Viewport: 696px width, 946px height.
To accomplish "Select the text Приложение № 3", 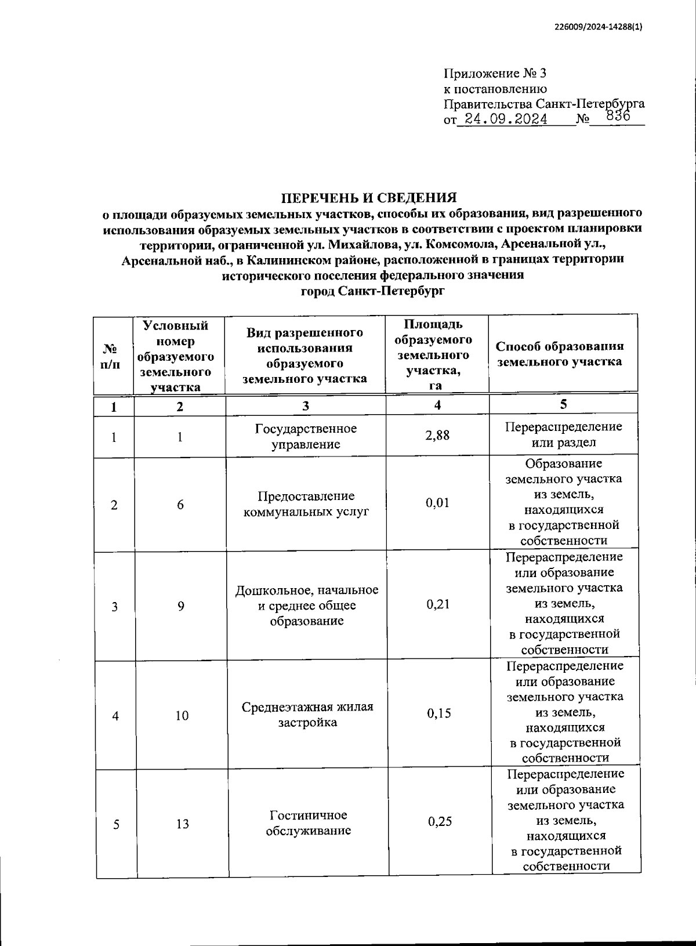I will (x=495, y=74).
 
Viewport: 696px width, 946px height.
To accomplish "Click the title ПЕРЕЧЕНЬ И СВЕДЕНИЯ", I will (x=373, y=197).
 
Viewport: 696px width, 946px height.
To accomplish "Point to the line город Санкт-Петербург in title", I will (x=373, y=291).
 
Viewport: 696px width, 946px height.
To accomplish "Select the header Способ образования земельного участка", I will (x=560, y=354).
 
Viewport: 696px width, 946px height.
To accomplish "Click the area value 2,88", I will (x=437, y=435).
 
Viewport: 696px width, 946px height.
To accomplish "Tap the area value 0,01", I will (x=437, y=503).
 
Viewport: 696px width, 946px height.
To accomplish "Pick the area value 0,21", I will (x=438, y=604).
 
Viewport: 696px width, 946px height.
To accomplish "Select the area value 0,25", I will (x=440, y=821).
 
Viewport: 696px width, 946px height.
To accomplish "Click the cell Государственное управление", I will (x=306, y=436).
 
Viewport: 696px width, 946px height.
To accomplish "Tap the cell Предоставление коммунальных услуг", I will (x=306, y=504).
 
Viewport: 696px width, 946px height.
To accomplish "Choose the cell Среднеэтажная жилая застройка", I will (x=307, y=715).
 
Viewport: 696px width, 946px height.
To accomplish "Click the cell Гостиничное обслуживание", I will (x=308, y=823).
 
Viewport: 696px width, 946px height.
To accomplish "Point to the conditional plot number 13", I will (x=182, y=824).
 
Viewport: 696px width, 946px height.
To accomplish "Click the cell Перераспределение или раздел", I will (x=563, y=434).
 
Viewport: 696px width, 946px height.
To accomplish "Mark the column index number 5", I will (x=563, y=404).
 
